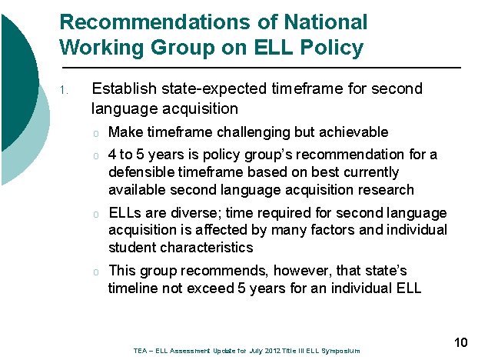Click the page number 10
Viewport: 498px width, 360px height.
coord(461,342)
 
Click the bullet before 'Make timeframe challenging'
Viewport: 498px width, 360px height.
coord(96,132)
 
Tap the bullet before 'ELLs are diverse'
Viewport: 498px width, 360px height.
coord(96,213)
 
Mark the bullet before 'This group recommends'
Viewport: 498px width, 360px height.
coord(96,272)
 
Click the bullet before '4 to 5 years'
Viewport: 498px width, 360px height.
coord(96,155)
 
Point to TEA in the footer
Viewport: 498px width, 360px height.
coord(140,351)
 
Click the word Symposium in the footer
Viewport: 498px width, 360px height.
coord(338,351)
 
